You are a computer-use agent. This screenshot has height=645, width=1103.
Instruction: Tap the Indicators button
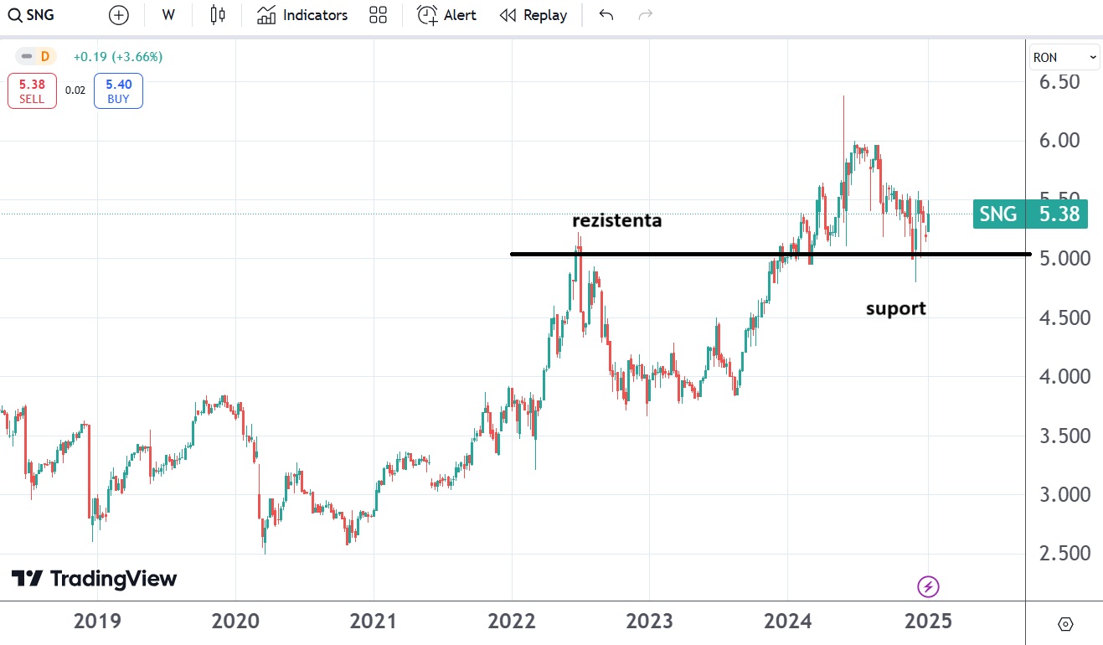[x=302, y=15]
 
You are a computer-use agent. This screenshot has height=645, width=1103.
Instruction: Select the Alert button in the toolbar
[x=447, y=15]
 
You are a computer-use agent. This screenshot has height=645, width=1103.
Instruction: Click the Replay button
[x=533, y=15]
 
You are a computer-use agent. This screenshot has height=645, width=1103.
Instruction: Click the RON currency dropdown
[x=1064, y=57]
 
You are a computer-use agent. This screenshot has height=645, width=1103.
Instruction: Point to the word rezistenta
[x=616, y=221]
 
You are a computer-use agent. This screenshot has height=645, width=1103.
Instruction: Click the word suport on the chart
[x=895, y=308]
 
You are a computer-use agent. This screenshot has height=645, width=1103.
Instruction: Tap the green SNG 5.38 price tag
[x=1031, y=214]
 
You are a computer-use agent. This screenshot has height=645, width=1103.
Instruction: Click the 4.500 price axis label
[x=1059, y=317]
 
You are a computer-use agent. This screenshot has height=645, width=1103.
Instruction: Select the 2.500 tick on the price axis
[x=1059, y=553]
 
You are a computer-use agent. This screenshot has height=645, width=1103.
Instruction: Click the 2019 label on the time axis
[x=97, y=622]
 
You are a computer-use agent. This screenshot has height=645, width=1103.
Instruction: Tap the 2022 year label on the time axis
[x=512, y=622]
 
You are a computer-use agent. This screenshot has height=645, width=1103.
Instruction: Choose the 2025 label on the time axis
[x=925, y=622]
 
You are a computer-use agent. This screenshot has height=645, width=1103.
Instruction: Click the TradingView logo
[x=94, y=579]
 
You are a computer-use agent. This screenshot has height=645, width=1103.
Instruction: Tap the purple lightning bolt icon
[x=928, y=586]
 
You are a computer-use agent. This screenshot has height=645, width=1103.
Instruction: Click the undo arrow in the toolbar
[x=606, y=15]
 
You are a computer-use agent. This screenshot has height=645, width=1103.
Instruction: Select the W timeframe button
[x=168, y=15]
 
